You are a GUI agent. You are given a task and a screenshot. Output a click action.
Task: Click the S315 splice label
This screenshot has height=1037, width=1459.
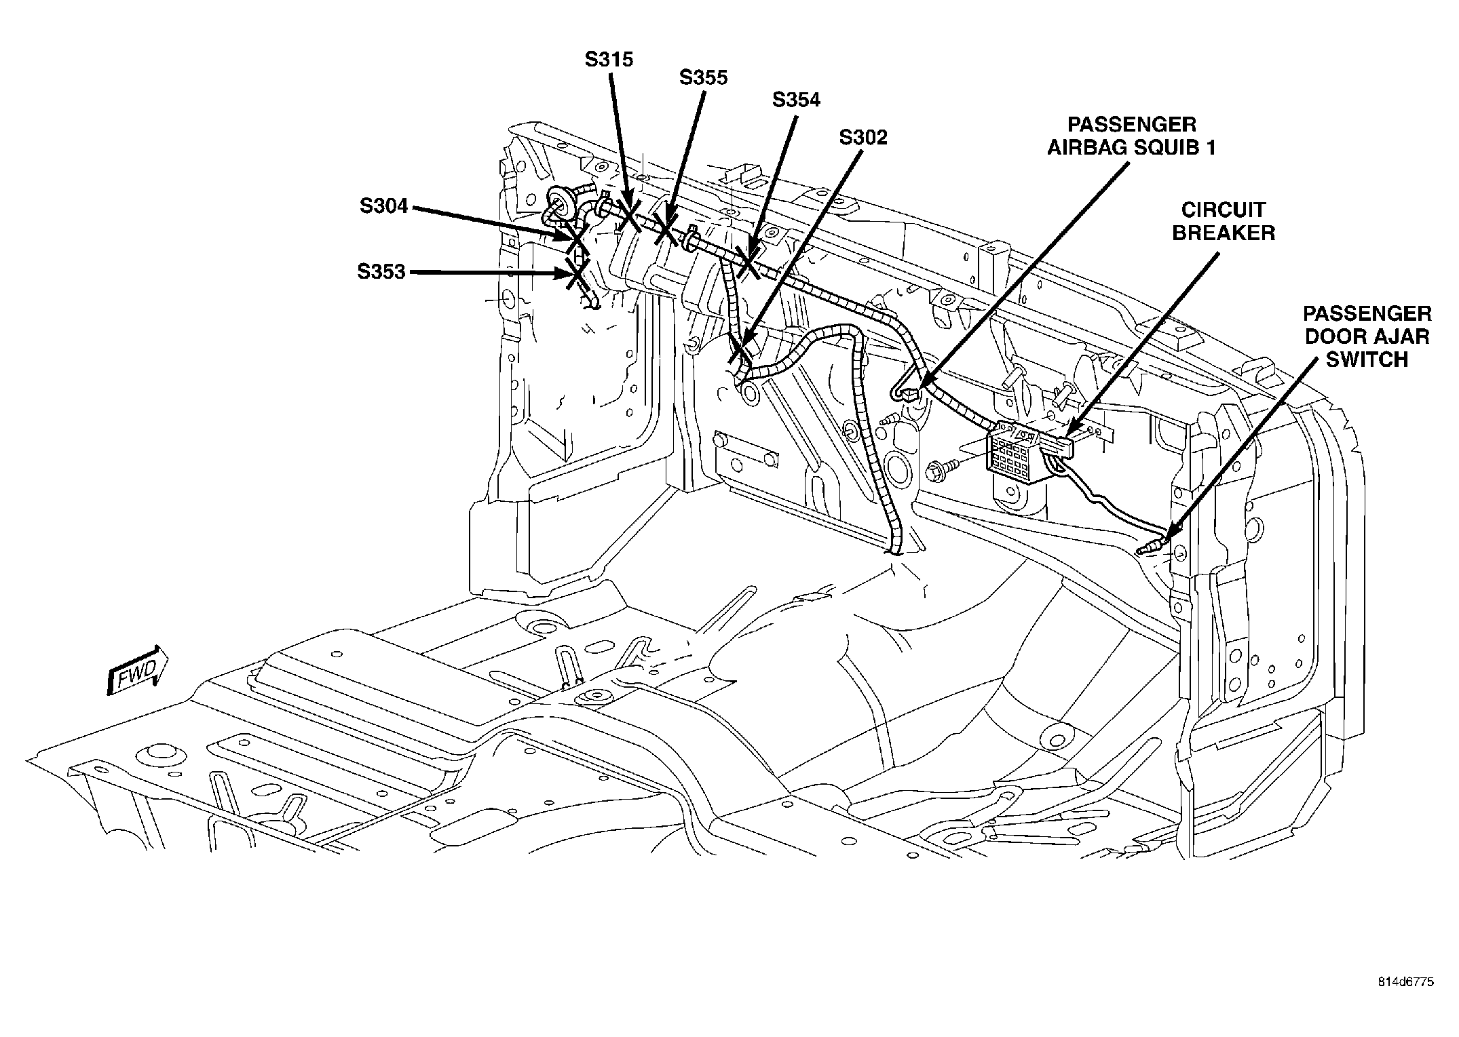click(x=609, y=60)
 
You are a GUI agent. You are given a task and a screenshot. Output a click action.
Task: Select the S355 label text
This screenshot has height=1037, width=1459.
click(x=703, y=78)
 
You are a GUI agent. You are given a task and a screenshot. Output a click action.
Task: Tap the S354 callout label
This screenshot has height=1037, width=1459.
click(x=796, y=100)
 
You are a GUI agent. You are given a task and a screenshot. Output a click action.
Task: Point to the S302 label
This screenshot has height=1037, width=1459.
click(x=863, y=138)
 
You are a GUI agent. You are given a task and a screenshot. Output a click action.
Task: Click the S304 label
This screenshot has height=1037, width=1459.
click(x=384, y=206)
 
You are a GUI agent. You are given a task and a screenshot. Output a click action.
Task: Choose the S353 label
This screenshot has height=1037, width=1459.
click(x=381, y=272)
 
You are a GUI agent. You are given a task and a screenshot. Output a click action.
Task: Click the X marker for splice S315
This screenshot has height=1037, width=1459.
click(x=628, y=215)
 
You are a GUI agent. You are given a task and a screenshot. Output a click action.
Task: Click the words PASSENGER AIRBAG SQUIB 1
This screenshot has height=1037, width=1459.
click(x=1131, y=136)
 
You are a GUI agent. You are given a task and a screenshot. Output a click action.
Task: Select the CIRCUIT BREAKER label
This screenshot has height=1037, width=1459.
click(x=1224, y=221)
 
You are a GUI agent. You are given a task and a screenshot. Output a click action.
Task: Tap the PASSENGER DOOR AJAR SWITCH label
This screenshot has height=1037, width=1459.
click(x=1367, y=336)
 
